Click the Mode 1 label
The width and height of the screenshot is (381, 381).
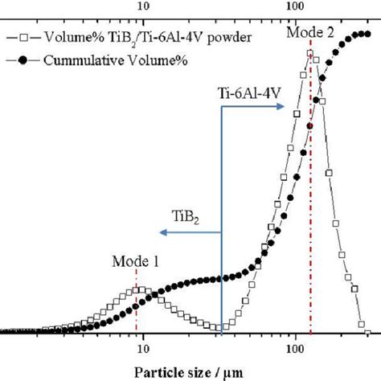[135, 261]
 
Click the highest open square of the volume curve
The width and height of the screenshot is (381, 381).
[310, 54]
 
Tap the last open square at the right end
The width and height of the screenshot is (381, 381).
[367, 332]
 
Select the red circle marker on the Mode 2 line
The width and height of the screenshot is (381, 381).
[310, 126]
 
